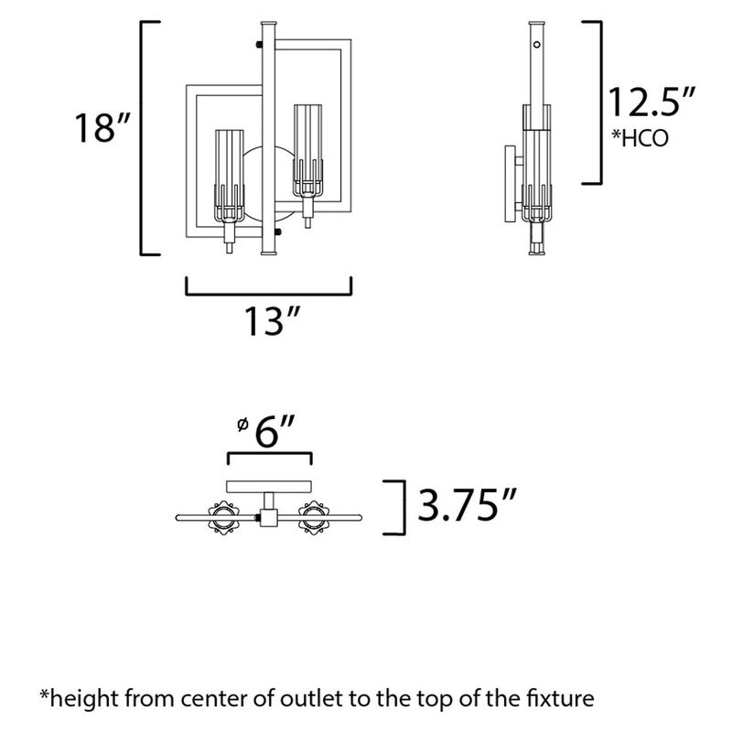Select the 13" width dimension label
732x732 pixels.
coord(272,322)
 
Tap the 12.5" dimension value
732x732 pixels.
coord(651,102)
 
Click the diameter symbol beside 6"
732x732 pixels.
coord(242,425)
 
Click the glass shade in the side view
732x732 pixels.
coord(537,156)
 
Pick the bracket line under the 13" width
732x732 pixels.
coord(269,293)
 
